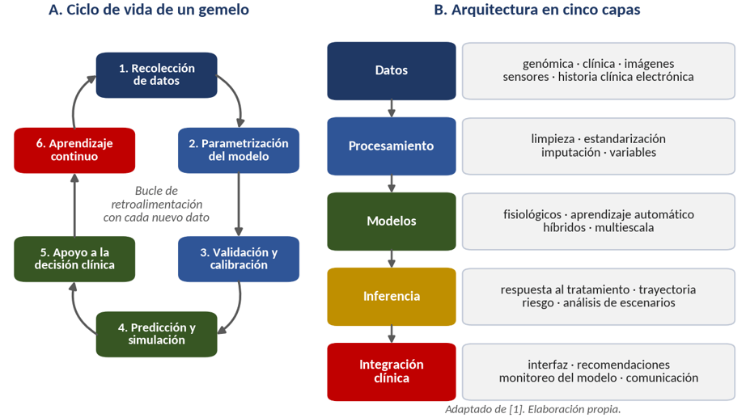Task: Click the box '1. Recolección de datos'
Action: [x=156, y=75]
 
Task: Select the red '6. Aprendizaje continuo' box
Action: [x=74, y=150]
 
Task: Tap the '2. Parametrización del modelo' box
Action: [x=239, y=150]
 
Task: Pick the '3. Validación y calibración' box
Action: [x=239, y=259]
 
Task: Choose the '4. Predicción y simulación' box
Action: [x=156, y=334]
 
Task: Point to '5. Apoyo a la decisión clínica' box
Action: [x=74, y=259]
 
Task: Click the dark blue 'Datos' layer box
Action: [x=392, y=71]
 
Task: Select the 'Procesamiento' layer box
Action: [x=392, y=146]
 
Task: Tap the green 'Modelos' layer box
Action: [x=392, y=221]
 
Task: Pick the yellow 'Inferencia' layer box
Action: [x=392, y=296]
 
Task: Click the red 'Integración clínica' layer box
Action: [x=392, y=371]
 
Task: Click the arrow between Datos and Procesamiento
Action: [x=392, y=108]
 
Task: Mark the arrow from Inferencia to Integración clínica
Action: [x=392, y=334]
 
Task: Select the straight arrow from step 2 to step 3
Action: [x=239, y=205]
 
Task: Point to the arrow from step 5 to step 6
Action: [x=74, y=205]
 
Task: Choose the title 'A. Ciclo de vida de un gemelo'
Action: [x=149, y=10]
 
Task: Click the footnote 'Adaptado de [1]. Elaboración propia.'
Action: [x=533, y=409]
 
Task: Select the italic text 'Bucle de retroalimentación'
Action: [x=156, y=197]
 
